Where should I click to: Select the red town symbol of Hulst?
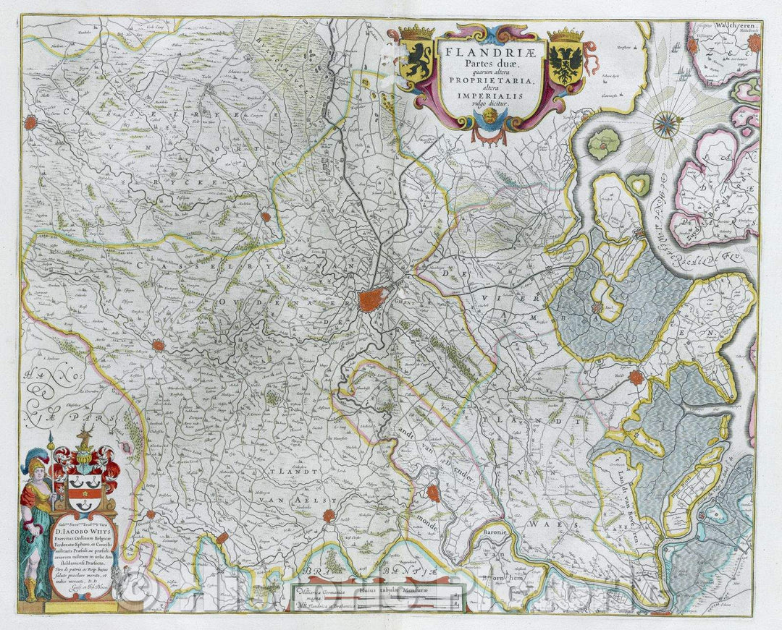636,377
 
